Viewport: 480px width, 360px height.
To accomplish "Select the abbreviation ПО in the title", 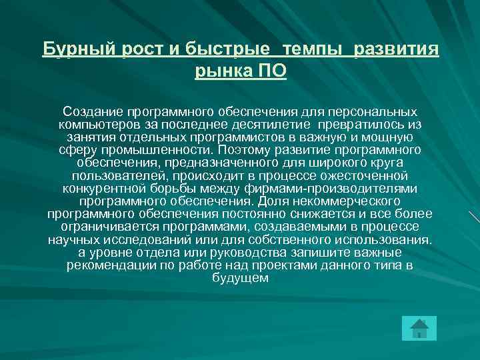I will [272, 71].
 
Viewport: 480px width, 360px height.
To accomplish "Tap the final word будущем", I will [240, 278].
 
